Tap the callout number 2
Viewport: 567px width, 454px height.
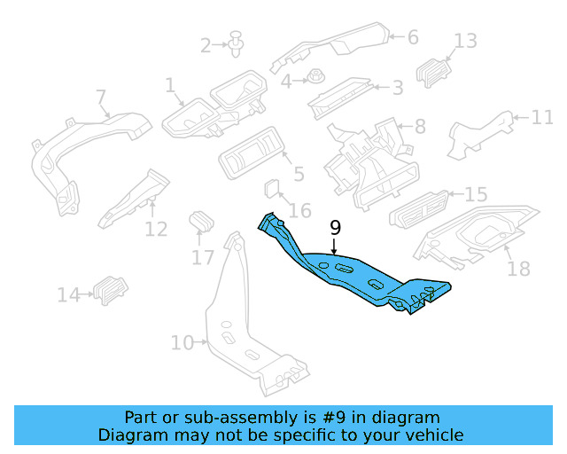tap(206, 44)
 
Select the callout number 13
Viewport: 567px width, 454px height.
tap(465, 41)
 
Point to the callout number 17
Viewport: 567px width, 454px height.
tap(203, 257)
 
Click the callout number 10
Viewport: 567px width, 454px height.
tap(182, 342)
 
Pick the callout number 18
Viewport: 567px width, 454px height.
tap(518, 268)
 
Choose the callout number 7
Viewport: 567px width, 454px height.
tap(100, 96)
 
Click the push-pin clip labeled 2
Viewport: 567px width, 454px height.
tap(236, 43)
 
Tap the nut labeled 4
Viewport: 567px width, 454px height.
tap(315, 78)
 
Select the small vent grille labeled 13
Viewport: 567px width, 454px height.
tap(433, 71)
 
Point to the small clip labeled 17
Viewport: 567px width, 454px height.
tap(203, 222)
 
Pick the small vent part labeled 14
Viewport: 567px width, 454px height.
tap(112, 288)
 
